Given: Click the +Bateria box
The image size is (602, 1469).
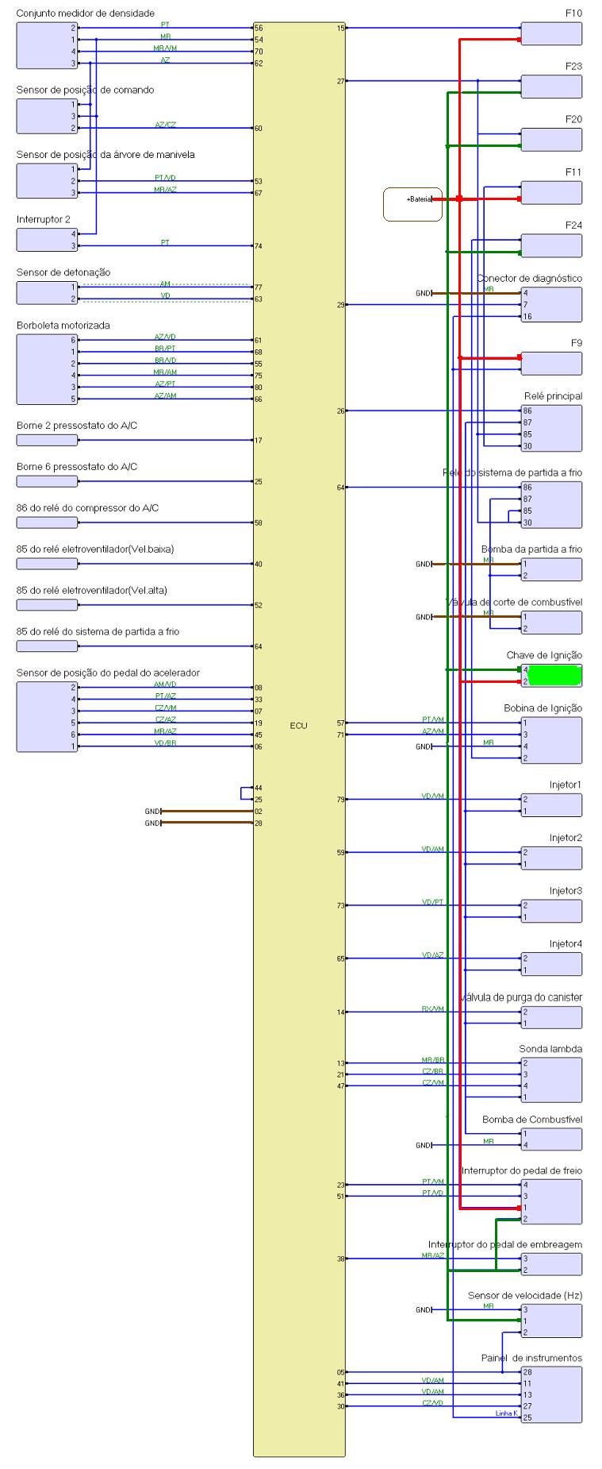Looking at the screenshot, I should point(412,204).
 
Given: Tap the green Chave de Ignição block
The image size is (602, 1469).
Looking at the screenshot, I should point(554,675).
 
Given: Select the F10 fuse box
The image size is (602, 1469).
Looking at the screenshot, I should point(551,34).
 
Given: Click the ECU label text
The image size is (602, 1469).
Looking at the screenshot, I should point(299,726).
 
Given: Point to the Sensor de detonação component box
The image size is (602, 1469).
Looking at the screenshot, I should point(47,293).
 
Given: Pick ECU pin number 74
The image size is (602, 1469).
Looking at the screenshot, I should point(259,246).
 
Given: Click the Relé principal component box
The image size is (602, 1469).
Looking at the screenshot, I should point(551,428).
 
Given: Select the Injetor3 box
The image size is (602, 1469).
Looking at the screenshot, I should point(551,911).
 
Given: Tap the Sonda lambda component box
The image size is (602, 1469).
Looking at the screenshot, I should point(551,1080).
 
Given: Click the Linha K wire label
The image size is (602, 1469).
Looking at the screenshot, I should point(506,1435).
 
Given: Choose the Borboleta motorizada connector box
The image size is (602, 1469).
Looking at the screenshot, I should point(47,369).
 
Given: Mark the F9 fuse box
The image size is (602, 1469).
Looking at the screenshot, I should point(551,364).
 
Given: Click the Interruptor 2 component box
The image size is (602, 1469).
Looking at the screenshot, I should point(47,240).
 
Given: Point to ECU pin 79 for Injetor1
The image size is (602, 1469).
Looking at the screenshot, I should point(341,800).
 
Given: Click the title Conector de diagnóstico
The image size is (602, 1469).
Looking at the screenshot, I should point(529,279).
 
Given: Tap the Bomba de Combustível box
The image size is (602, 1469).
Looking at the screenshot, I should point(551,1139).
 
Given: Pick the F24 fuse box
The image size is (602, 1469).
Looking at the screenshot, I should point(551,245).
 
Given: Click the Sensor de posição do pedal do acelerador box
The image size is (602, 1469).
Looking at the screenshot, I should point(47,716).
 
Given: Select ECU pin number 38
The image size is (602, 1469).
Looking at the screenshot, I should point(341,1259).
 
